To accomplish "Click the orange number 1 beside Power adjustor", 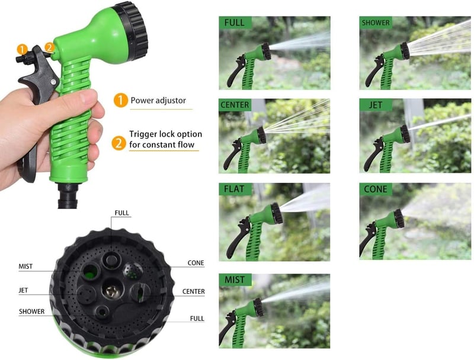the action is (x=121, y=100).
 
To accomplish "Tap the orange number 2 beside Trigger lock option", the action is (x=118, y=143).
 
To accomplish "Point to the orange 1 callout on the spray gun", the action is (x=22, y=49).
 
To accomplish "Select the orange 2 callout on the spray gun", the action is (x=50, y=47).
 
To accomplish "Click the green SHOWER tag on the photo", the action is (x=376, y=22).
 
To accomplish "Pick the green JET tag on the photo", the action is (x=376, y=105).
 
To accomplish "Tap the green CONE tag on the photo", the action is (x=376, y=189).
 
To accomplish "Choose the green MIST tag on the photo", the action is (x=235, y=279).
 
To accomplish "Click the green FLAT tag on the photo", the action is (x=235, y=189).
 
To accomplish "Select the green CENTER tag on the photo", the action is (x=235, y=105).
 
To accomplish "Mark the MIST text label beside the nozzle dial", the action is (x=25, y=266).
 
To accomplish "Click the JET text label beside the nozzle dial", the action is (x=23, y=290).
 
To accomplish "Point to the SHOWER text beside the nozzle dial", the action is (x=32, y=311).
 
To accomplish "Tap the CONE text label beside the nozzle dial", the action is (x=196, y=263).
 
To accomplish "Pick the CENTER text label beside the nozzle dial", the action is (x=194, y=291).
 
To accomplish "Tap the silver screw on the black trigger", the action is (x=53, y=82).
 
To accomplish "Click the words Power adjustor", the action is (x=158, y=100).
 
